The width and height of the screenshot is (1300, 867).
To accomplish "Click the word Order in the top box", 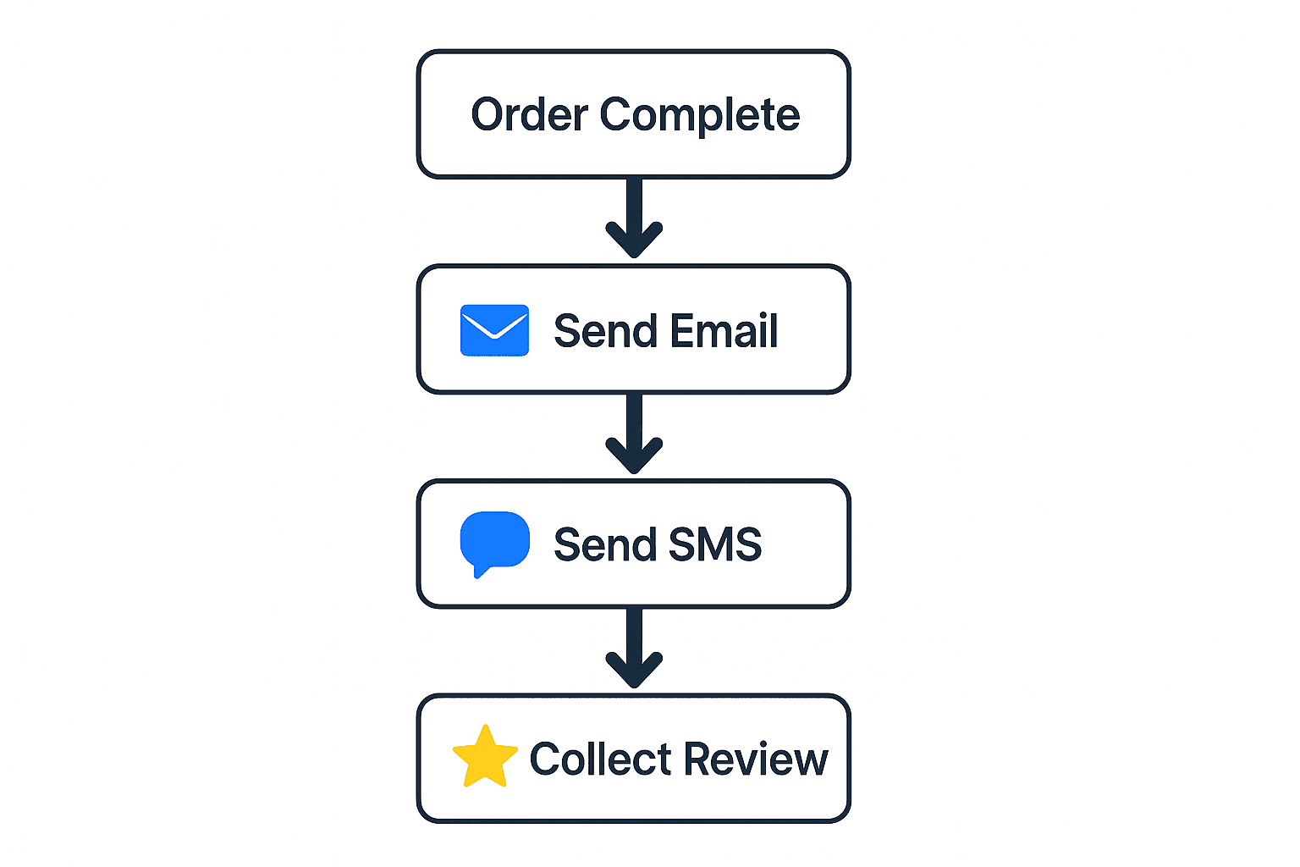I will [x=529, y=115].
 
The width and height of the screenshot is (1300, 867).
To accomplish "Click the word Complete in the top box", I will [x=699, y=115].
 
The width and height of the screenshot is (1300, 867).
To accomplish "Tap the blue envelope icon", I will [x=494, y=330].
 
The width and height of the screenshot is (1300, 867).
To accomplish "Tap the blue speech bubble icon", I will [x=494, y=540].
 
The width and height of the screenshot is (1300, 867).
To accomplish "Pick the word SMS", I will [x=715, y=544].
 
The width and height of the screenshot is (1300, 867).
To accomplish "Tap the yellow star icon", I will [x=485, y=757].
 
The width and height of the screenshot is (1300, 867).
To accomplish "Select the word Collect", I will [x=600, y=759].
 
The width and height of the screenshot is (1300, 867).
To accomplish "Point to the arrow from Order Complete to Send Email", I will [x=634, y=216].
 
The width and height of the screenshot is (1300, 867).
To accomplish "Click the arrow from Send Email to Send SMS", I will [x=634, y=432].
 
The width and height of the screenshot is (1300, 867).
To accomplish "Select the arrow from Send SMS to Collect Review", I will [x=634, y=646].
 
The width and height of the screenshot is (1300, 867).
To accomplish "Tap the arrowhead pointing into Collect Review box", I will [x=634, y=673].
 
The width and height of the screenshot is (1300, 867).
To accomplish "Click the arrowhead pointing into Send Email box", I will [x=634, y=243].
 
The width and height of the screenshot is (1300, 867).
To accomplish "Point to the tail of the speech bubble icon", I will [x=480, y=572].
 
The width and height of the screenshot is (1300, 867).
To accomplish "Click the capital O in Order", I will [x=488, y=115].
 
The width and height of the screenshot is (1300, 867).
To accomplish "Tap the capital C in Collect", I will [x=547, y=759].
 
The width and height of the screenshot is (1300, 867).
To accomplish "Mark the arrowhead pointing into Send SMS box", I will [x=634, y=459].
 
